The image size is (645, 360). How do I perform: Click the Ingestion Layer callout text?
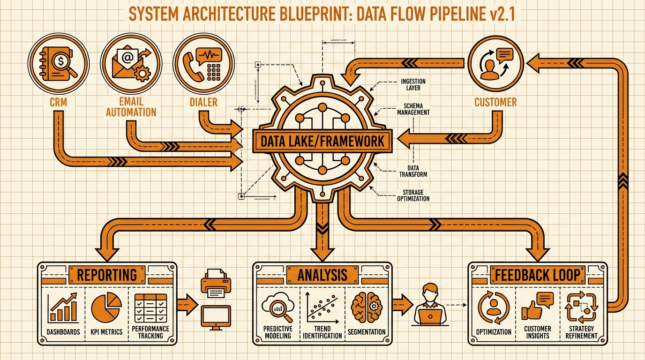(413, 84)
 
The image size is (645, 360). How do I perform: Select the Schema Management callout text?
(413, 109)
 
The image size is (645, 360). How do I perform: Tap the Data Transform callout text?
(413, 171)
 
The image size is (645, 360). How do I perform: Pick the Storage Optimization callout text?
(413, 195)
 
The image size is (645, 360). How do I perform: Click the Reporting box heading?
(107, 275)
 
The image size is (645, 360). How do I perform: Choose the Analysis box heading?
(322, 275)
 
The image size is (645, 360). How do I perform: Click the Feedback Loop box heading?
(538, 275)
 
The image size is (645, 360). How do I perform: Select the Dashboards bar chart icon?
(64, 308)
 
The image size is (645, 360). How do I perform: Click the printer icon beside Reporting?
(216, 284)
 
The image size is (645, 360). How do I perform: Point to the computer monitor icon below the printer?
(216, 316)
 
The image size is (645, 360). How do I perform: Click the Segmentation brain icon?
(366, 307)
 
